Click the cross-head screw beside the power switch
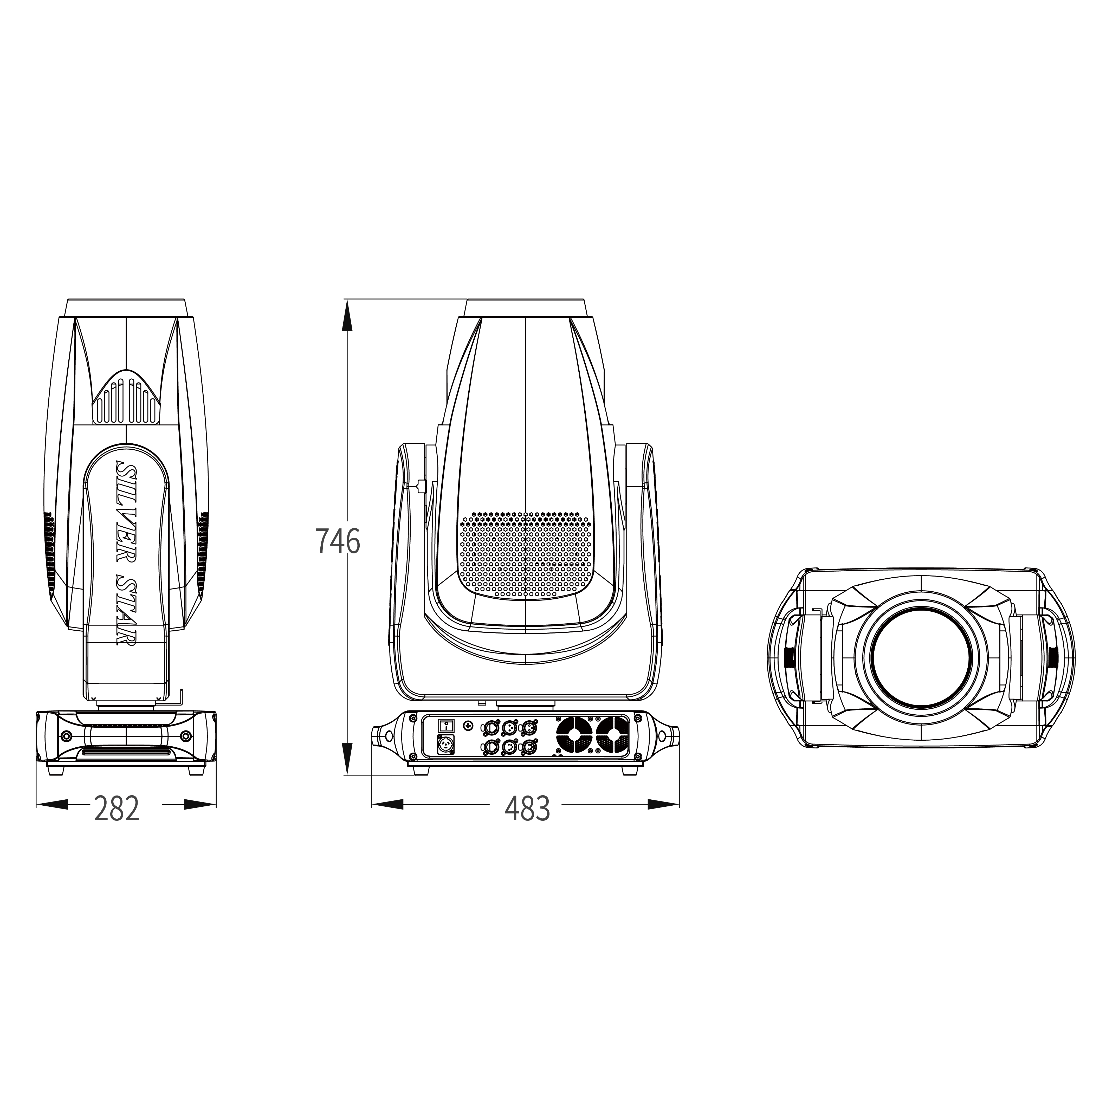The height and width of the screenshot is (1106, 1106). click(469, 726)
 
